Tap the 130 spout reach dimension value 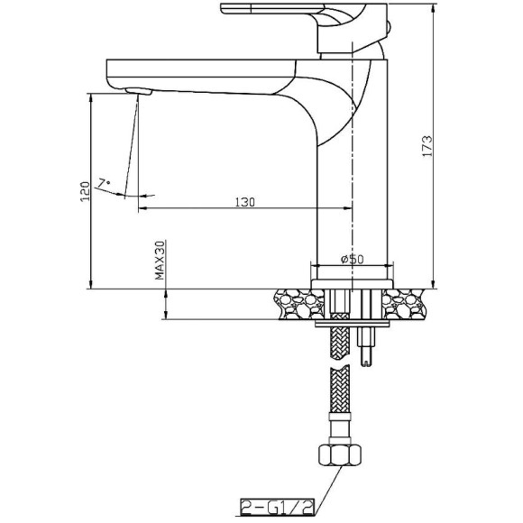(243, 202)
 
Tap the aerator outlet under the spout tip (138, 91)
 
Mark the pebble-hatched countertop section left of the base (290, 304)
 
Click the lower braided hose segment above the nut (338, 397)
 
